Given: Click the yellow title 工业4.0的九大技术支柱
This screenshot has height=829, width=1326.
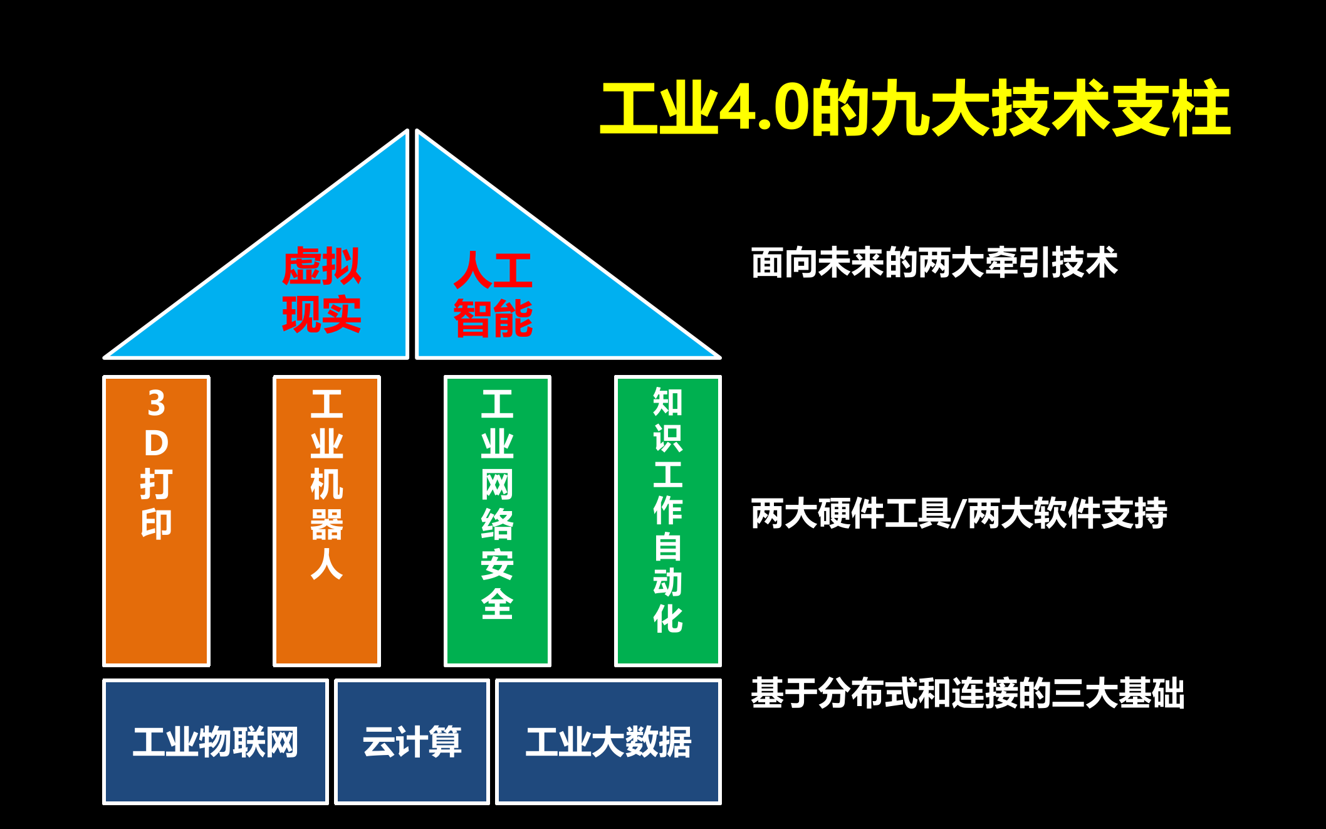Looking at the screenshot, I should [915, 109].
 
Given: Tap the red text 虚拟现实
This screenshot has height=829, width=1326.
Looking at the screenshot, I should [321, 290].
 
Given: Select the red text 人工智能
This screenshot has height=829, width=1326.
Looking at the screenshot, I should [493, 294].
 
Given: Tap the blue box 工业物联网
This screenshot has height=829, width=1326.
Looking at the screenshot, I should [215, 742].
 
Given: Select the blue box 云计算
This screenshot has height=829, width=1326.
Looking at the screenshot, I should [412, 742].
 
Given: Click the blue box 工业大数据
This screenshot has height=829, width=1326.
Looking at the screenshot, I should [608, 742].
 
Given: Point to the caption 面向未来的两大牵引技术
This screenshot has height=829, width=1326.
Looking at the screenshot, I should [934, 262].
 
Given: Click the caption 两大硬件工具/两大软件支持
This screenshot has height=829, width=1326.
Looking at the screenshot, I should [959, 513].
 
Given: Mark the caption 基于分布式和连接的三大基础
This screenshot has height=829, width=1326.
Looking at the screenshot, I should [968, 693].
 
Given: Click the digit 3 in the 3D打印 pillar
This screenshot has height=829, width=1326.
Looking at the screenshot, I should [157, 403].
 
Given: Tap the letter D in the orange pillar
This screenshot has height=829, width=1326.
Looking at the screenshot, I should [157, 443].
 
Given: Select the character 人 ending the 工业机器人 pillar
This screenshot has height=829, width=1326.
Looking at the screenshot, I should [326, 564].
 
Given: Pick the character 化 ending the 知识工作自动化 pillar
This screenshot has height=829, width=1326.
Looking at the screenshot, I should [667, 620].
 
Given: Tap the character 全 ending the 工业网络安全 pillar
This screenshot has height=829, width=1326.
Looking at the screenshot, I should [497, 605].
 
